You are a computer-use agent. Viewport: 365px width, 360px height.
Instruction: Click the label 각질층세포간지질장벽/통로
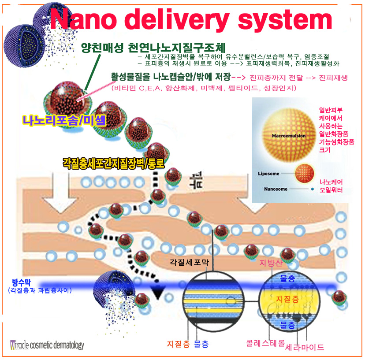[x=114, y=163]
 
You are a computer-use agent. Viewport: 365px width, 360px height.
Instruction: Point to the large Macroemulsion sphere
[x=288, y=130]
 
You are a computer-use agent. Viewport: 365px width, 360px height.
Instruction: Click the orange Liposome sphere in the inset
[x=304, y=171]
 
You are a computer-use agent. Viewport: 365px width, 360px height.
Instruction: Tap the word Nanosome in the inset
[x=276, y=189]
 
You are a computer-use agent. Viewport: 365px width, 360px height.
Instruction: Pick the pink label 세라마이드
[x=305, y=348]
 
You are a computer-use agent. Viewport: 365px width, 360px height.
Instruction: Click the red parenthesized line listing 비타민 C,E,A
[x=204, y=89]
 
